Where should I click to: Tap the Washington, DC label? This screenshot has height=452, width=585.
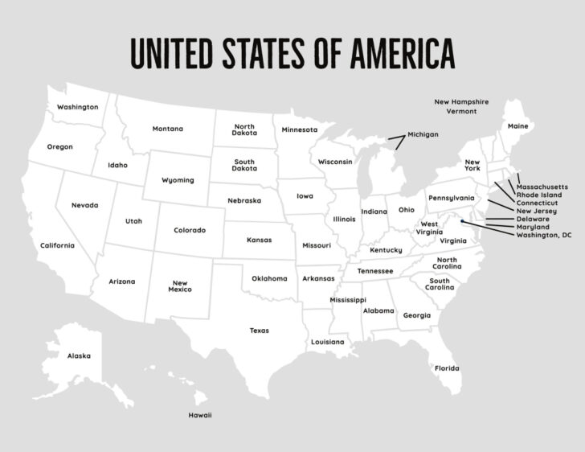[544, 235]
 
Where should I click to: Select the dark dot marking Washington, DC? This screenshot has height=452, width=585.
[463, 213]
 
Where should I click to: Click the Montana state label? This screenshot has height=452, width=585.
[168, 129]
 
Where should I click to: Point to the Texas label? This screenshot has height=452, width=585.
[259, 331]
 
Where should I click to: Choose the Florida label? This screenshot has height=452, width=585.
[447, 368]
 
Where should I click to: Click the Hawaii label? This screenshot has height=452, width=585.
[200, 416]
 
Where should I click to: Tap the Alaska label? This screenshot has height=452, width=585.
[79, 355]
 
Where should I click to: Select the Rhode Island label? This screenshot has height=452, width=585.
[539, 195]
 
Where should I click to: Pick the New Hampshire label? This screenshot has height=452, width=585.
[461, 102]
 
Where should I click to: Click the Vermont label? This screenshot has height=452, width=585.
[461, 112]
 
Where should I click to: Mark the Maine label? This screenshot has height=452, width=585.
[517, 126]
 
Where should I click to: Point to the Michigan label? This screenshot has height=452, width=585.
[423, 134]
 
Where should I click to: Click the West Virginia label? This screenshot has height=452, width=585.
[430, 228]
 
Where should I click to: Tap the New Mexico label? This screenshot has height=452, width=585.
[179, 286]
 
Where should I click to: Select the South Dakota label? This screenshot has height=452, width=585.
[244, 165]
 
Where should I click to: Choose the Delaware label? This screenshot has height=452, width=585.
[533, 219]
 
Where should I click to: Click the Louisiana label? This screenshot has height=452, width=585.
[328, 342]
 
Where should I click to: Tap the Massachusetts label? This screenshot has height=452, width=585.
[542, 187]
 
